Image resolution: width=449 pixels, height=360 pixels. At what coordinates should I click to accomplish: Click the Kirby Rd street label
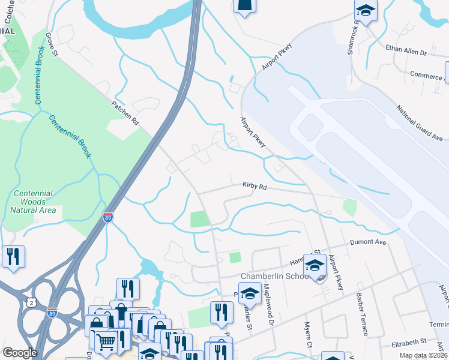(255, 187)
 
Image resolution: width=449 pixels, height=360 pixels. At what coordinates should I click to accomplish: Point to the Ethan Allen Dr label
(406, 51)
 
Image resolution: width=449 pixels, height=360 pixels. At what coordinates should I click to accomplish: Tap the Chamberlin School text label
(274, 276)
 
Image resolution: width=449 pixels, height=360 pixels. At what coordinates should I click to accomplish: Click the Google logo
(20, 353)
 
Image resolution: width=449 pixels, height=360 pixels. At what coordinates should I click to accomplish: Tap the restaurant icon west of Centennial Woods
(13, 256)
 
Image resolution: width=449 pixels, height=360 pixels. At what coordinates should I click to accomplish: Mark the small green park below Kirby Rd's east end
(349, 208)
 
